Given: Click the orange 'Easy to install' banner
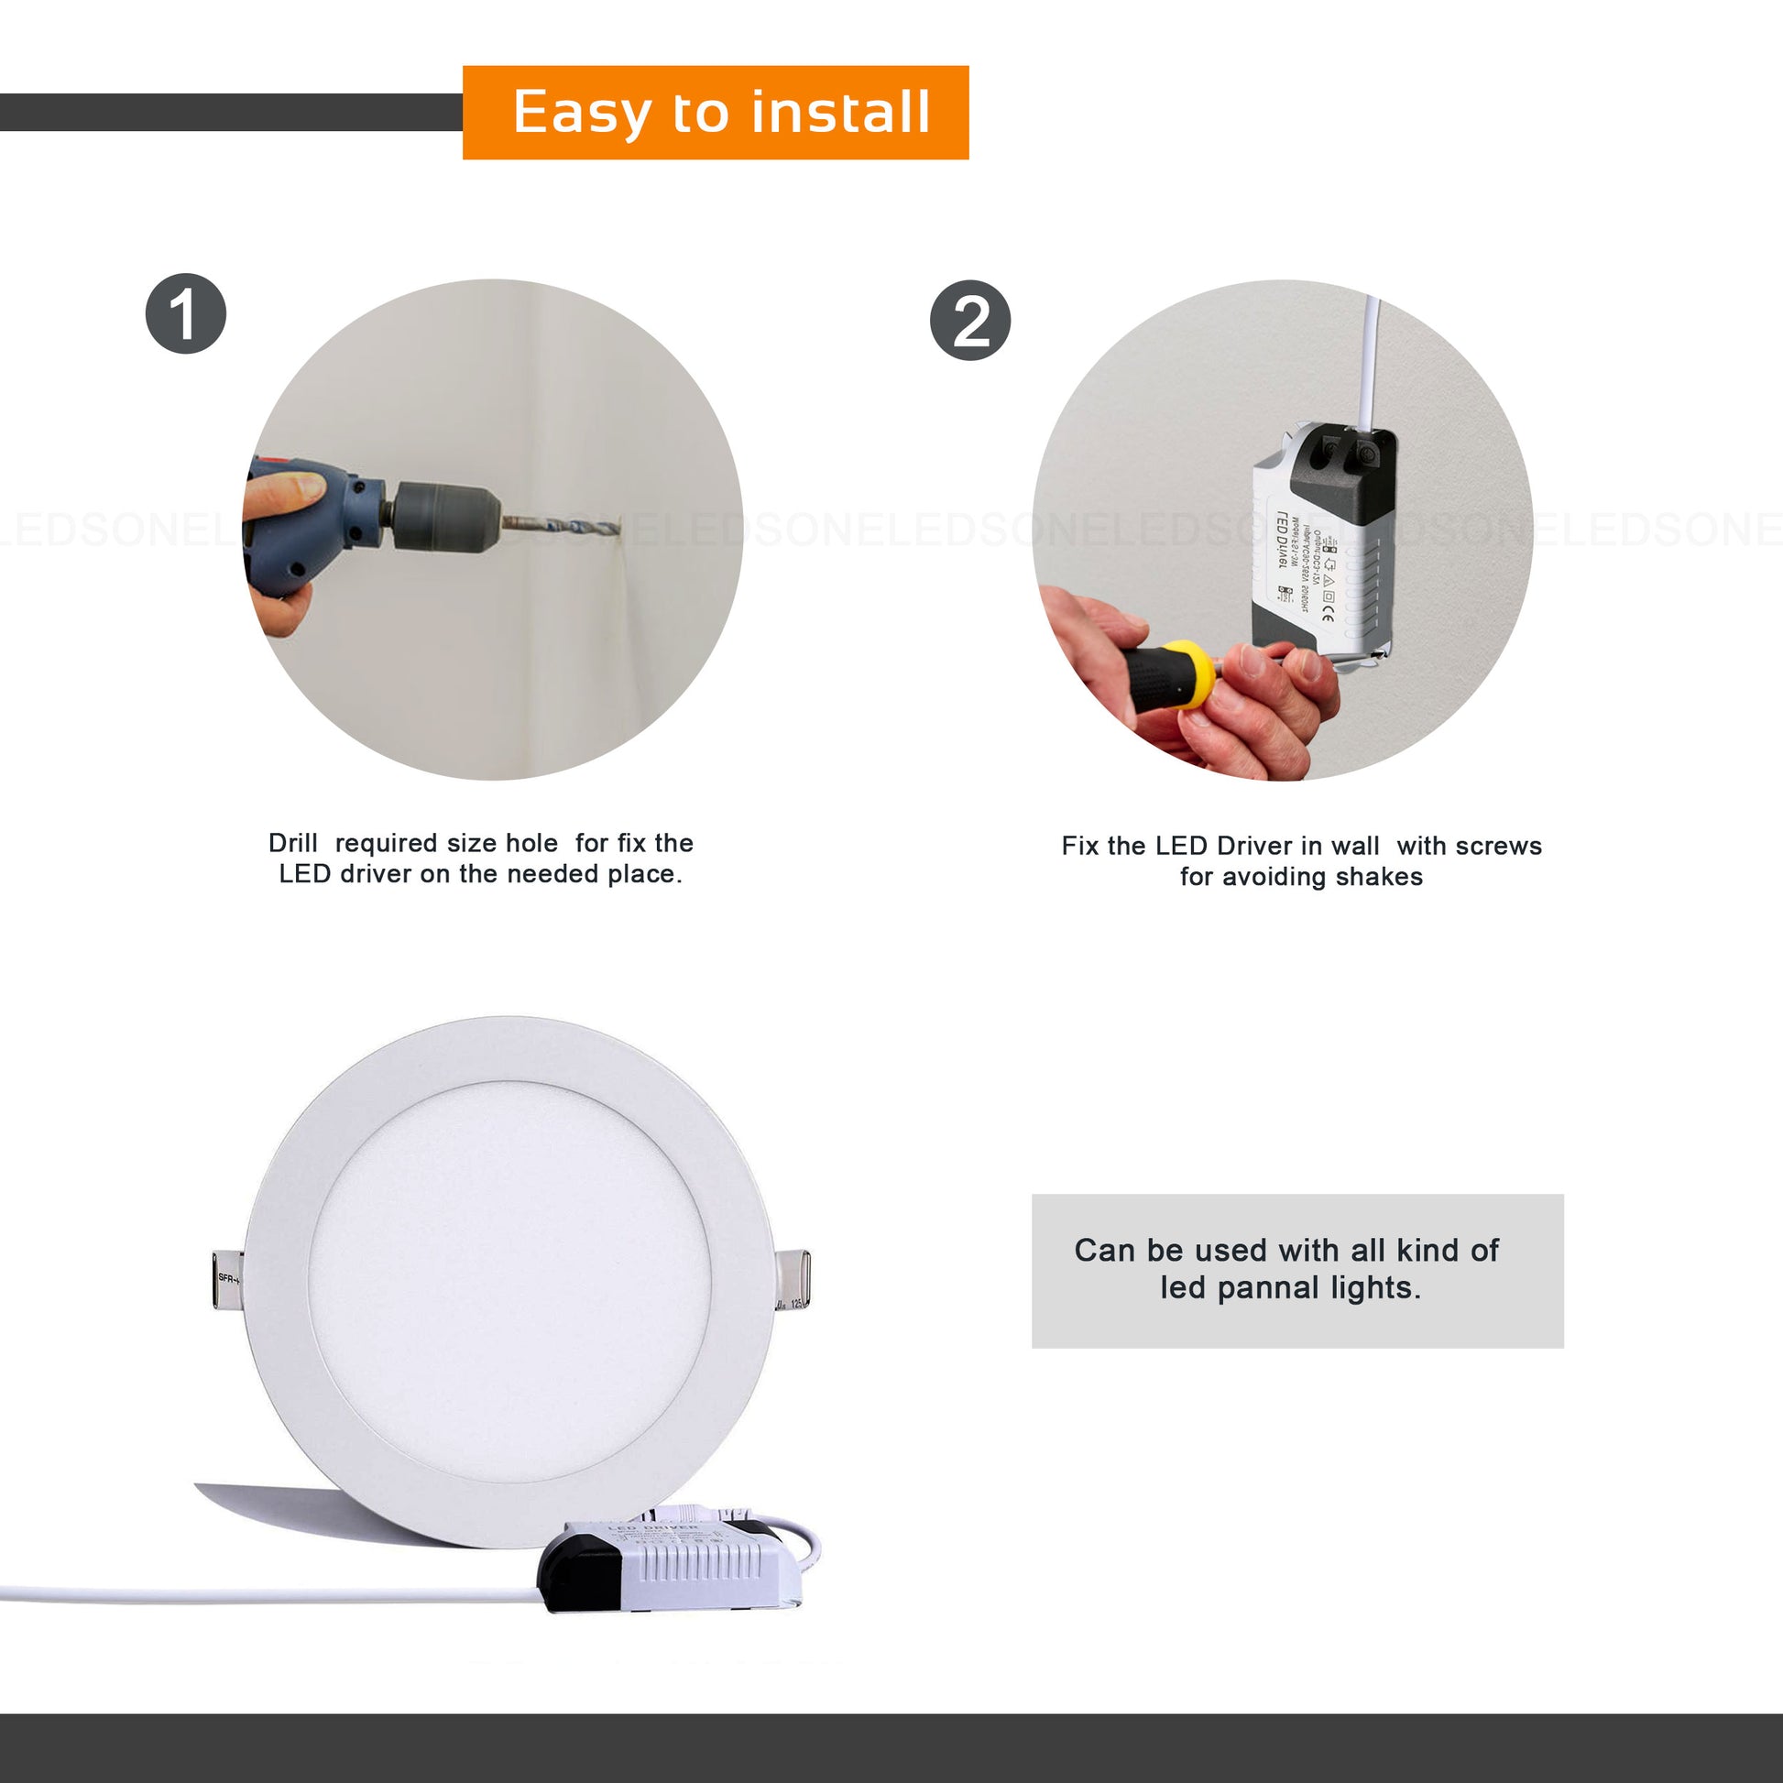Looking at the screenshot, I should [716, 113].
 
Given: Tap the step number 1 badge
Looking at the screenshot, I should [185, 313].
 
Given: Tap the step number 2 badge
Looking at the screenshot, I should [970, 321].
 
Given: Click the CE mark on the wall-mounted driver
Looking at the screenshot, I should [1327, 614].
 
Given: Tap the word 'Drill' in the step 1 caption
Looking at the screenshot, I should [292, 843].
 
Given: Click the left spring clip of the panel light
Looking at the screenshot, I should [227, 1279].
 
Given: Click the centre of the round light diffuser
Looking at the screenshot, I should [509, 1281].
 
